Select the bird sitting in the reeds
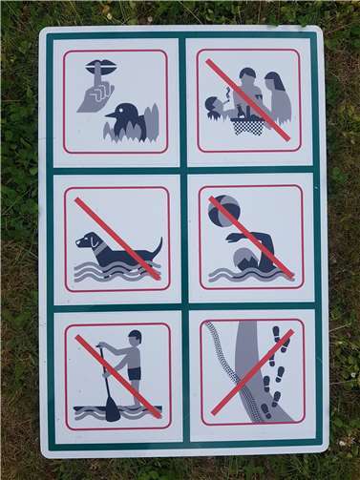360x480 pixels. (128, 122)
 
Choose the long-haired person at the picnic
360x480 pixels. (276, 96)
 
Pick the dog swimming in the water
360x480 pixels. (115, 248)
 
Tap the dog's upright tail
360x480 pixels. (157, 247)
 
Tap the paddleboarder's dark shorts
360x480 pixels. (135, 373)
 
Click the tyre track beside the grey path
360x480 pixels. (225, 372)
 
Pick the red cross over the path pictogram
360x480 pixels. (252, 372)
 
